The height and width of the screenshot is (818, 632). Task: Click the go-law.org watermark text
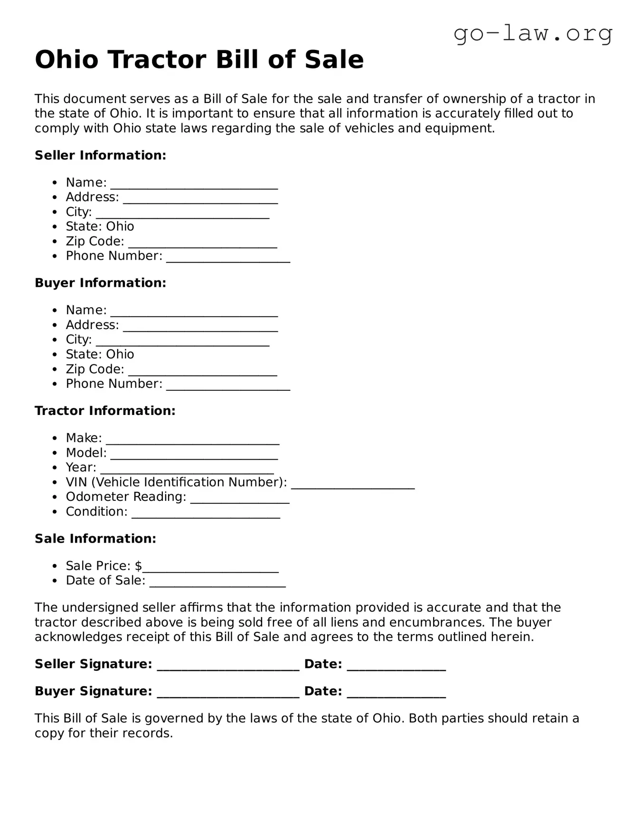click(533, 34)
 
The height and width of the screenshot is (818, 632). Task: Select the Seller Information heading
click(100, 155)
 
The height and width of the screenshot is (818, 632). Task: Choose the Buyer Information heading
click(100, 283)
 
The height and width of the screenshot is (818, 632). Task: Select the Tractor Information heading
click(105, 411)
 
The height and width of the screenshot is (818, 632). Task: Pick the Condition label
click(96, 512)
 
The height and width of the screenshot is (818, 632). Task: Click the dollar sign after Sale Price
click(138, 566)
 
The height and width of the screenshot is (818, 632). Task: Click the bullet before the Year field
click(56, 468)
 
